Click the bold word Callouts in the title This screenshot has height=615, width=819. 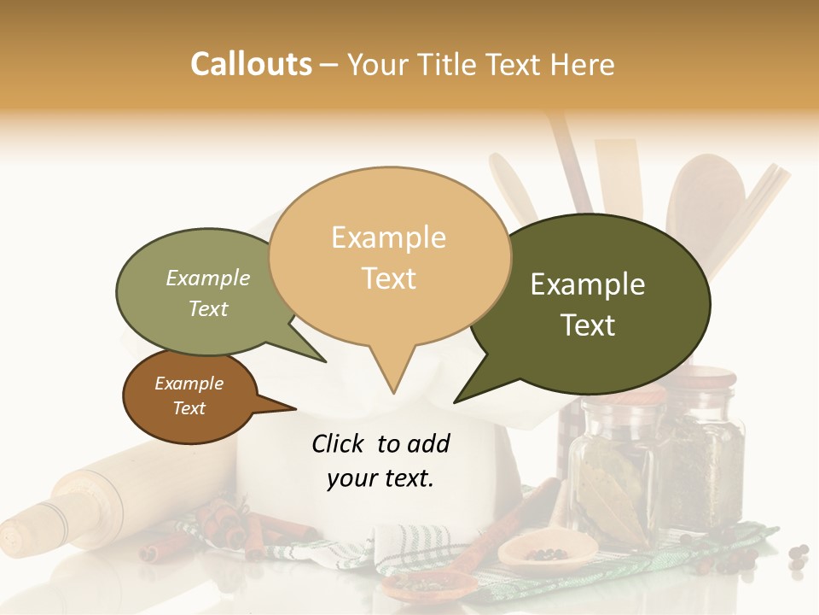pyautogui.click(x=251, y=64)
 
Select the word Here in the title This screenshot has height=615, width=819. pyautogui.click(x=583, y=64)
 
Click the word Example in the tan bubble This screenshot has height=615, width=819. pyautogui.click(x=388, y=237)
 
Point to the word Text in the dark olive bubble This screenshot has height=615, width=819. pyautogui.click(x=589, y=325)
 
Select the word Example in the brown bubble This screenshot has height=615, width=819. pyautogui.click(x=189, y=384)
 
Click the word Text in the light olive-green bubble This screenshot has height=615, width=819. pyautogui.click(x=208, y=308)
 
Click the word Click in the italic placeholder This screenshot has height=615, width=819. pyautogui.click(x=340, y=443)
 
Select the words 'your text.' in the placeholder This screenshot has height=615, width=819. pyautogui.click(x=380, y=479)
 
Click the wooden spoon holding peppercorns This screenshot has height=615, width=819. pyautogui.click(x=533, y=552)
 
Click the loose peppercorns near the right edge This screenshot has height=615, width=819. pyautogui.click(x=798, y=557)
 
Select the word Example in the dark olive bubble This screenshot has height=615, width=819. pyautogui.click(x=588, y=284)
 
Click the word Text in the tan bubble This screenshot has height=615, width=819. pyautogui.click(x=389, y=278)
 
